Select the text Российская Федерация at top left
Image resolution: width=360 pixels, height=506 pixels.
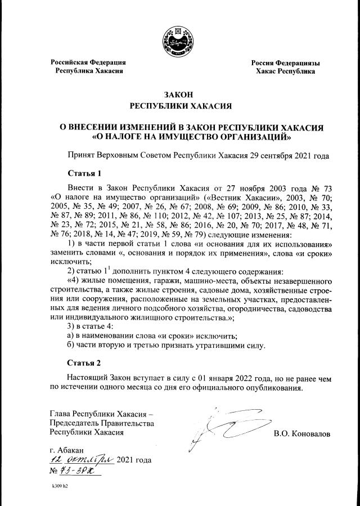pos(88,62)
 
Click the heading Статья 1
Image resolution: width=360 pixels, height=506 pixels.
pos(84,173)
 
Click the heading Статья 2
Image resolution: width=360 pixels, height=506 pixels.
pos(84,362)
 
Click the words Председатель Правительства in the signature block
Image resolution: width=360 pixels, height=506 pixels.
pos(102,423)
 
